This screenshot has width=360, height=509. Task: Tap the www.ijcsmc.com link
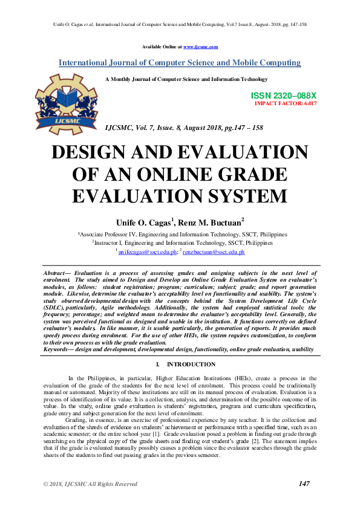tap(200, 47)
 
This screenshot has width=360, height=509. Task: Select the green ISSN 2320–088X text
tap(283, 96)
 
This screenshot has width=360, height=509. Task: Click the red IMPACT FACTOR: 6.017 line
tap(286, 103)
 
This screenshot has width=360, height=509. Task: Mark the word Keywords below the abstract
tap(59, 349)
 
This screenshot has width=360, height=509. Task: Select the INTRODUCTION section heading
tap(191, 365)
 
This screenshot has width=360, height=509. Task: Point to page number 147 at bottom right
tap(304, 484)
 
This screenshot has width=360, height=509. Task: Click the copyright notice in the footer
tap(91, 484)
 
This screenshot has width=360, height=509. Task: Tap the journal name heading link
tap(180, 63)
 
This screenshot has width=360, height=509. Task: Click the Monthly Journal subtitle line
tap(186, 79)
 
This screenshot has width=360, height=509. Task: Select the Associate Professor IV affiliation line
tap(182, 234)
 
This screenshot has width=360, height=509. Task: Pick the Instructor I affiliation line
tap(183, 242)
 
